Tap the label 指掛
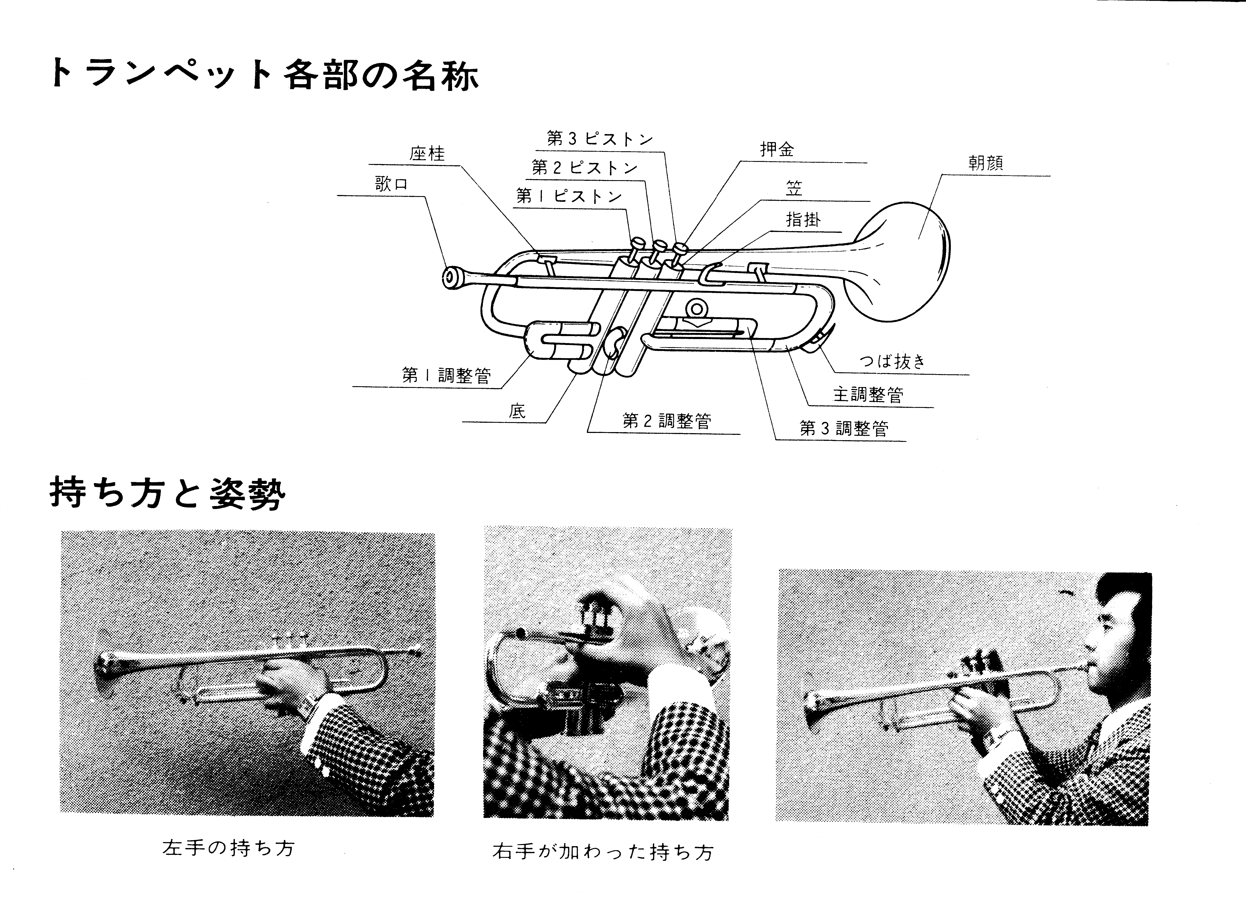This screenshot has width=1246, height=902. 803,220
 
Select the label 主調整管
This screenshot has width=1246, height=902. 868,394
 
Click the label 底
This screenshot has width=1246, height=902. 517,411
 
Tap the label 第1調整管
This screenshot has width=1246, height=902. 446,376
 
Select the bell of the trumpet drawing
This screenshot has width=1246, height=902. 901,261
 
